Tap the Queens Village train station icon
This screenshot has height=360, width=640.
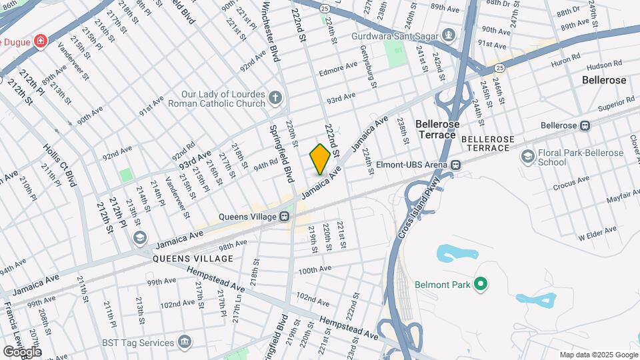pos(284,216)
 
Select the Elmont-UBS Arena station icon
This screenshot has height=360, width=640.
pos(456,165)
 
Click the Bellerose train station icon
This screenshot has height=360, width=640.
pos(585,125)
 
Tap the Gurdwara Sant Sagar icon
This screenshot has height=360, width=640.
pos(449,33)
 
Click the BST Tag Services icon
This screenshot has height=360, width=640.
pos(185,343)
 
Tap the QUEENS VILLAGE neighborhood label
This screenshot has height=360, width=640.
pos(193,258)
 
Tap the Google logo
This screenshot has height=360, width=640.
pos(22,351)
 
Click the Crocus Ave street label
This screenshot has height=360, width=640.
pos(571,183)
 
